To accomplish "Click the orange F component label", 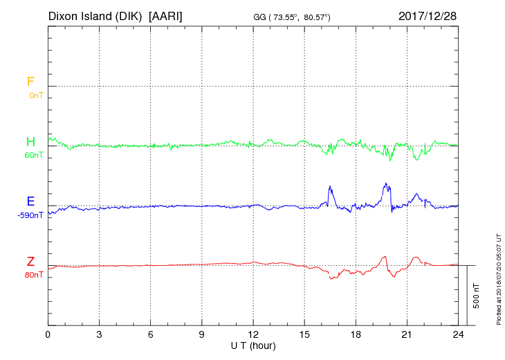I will point(30,82).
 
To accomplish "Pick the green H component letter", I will point(30,142).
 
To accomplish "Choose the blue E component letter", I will point(30,201).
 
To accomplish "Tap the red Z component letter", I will point(30,262).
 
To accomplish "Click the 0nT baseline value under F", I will point(36,96).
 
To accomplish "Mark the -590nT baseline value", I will point(30,215).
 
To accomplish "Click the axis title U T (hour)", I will point(253,345).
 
